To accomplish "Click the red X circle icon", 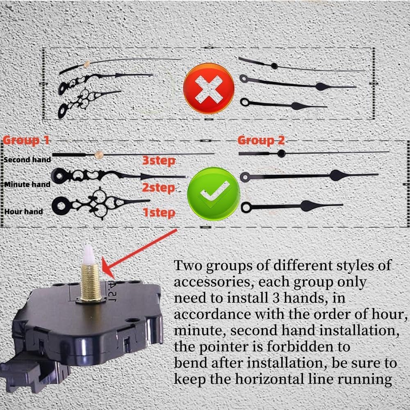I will (x=209, y=88).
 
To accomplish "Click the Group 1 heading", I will (x=27, y=140).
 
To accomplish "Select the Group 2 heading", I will (x=261, y=140).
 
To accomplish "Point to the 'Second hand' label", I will (x=27, y=159).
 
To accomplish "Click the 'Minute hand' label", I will (x=27, y=184).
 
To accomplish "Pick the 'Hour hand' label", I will (x=24, y=212).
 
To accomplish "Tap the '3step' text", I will (x=159, y=161).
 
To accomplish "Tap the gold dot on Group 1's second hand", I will (x=98, y=154).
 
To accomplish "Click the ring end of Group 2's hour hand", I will (x=246, y=207).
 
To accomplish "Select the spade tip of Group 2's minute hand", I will (x=337, y=175).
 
